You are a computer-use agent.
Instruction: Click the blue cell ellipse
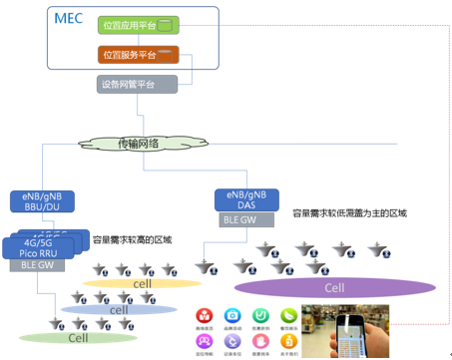point(119,310)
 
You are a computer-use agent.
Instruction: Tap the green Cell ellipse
point(78,337)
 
